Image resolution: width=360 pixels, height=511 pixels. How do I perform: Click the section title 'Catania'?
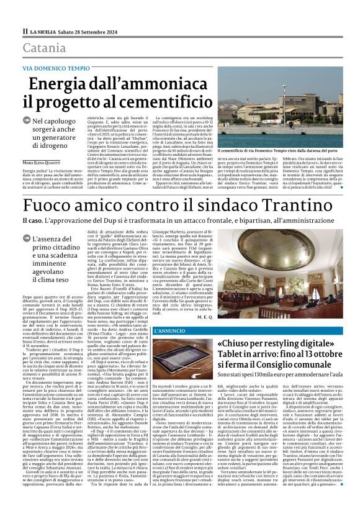(x=44, y=48)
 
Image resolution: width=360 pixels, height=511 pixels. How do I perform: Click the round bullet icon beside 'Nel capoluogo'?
(x=27, y=122)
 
